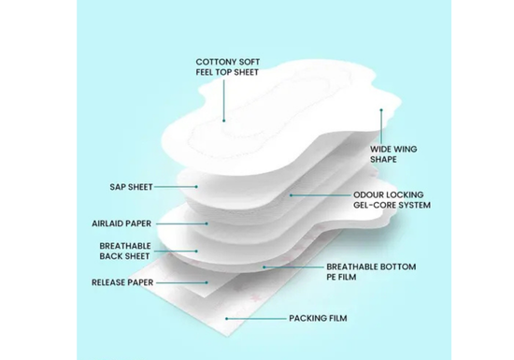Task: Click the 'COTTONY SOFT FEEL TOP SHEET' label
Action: [x=228, y=67]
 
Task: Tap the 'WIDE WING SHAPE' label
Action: [x=393, y=154]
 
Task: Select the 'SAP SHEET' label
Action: [x=131, y=187]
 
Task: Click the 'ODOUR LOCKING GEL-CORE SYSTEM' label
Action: [x=392, y=200]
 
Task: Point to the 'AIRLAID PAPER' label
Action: [x=121, y=223]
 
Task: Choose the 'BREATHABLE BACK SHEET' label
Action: [x=125, y=252]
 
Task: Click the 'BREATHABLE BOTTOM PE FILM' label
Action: [x=371, y=272]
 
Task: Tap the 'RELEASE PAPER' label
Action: [x=122, y=282]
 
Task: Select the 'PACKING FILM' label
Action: [x=318, y=318]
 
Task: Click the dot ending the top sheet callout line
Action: [x=224, y=121]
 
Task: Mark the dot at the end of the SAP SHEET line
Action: [x=196, y=187]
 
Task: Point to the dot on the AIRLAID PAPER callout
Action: [x=207, y=223]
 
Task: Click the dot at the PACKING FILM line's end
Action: [x=226, y=318]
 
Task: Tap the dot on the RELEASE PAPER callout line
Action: [x=207, y=282]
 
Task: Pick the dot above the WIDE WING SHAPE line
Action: [x=381, y=110]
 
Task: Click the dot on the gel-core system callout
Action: [x=291, y=195]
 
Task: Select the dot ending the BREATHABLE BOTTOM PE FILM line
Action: [x=264, y=267]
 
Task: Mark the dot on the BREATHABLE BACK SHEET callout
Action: [x=196, y=252]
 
